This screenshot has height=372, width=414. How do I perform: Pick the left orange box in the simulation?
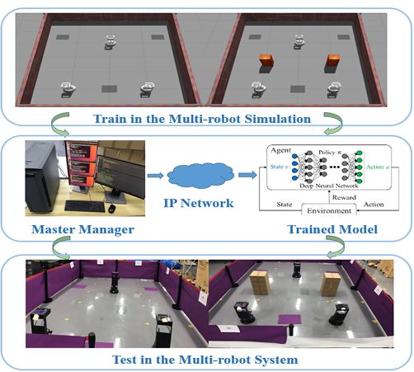point(266,61)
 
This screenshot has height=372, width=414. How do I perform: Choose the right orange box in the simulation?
point(333,61)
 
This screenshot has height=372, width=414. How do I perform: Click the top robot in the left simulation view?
point(110,40)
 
